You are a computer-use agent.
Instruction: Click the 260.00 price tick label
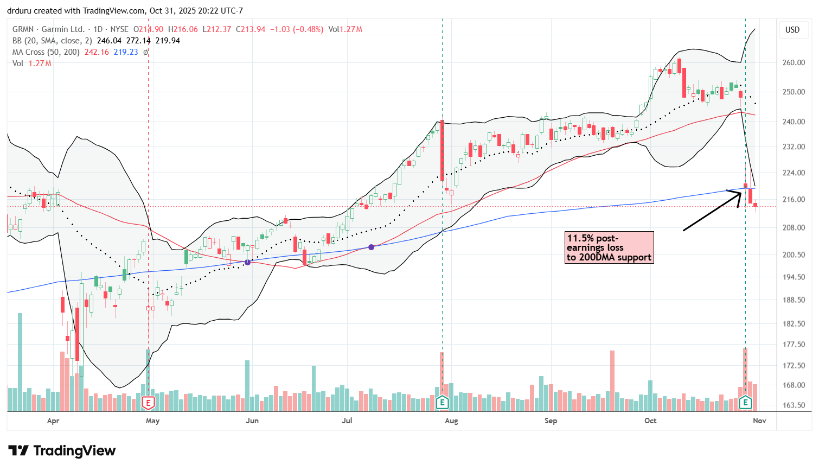(x=793, y=62)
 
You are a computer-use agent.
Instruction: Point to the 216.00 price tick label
(x=793, y=199)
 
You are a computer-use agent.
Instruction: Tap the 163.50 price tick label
(x=793, y=405)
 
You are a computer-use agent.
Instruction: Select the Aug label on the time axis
(x=451, y=421)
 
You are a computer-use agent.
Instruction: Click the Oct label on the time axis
(x=650, y=421)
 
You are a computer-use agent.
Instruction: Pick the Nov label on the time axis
(x=759, y=421)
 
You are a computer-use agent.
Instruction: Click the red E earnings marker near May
(x=148, y=403)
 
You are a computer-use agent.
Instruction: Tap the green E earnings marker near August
(x=443, y=403)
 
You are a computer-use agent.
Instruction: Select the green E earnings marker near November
(x=745, y=403)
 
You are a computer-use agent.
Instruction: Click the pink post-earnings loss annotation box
(x=609, y=247)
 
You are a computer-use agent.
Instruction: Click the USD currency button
(x=792, y=30)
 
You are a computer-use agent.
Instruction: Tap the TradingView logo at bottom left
(x=62, y=451)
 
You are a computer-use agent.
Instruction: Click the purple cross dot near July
(x=372, y=247)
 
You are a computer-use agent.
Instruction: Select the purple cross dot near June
(x=248, y=262)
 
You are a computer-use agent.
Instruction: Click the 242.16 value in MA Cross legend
(x=97, y=52)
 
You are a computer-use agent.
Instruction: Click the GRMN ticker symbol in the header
(x=23, y=29)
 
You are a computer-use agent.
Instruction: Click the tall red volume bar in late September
(x=612, y=380)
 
